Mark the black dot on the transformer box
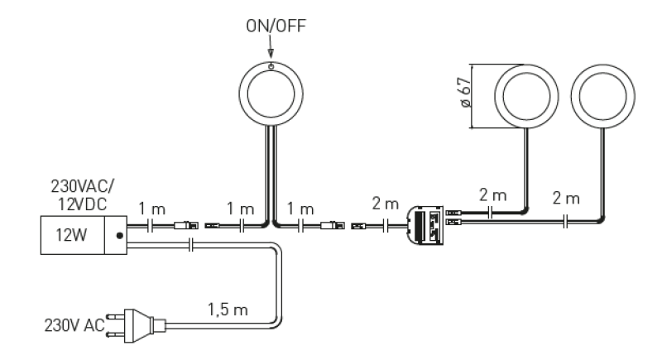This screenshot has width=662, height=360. pyautogui.click(x=121, y=235)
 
